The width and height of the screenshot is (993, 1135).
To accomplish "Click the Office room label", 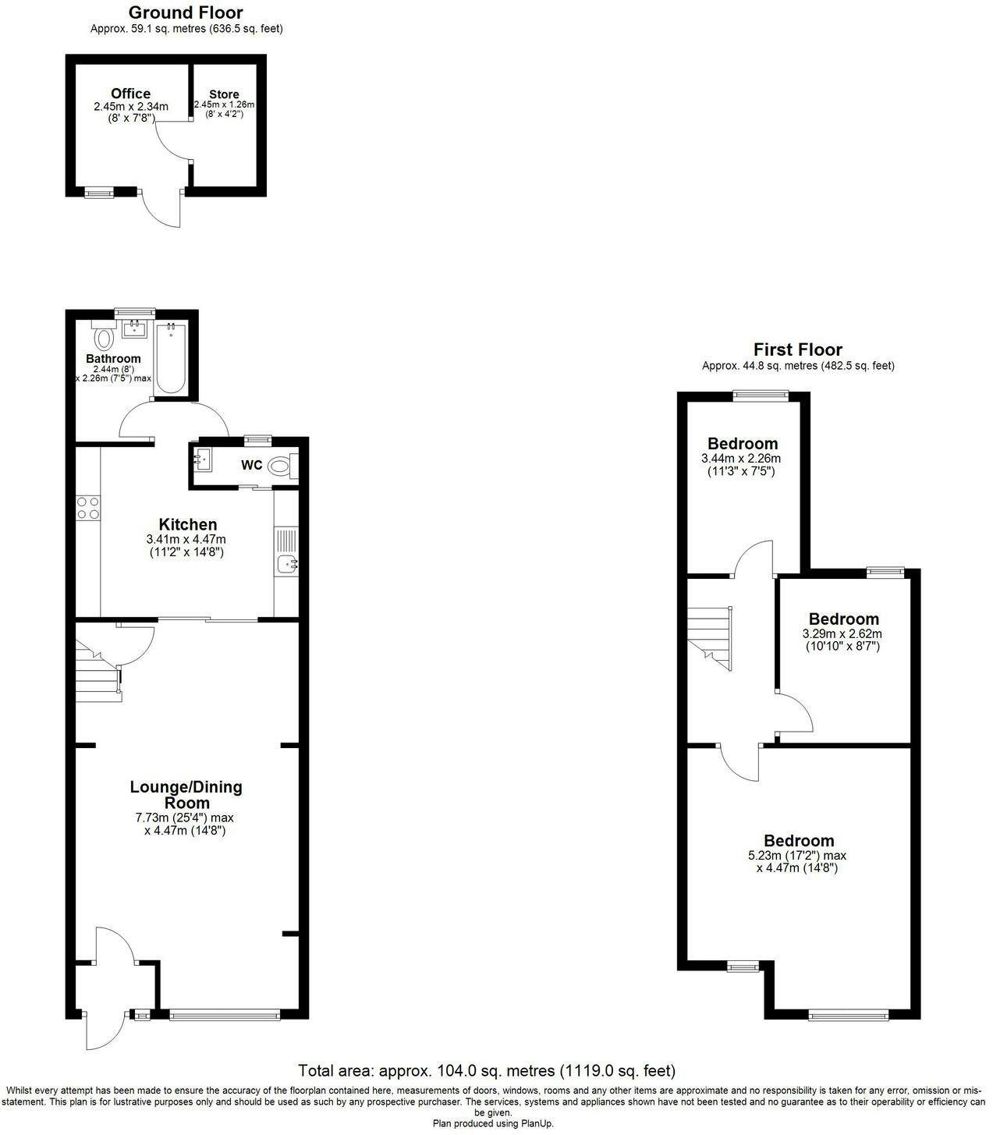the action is [x=130, y=94].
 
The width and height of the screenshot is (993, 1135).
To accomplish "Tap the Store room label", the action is [x=224, y=94].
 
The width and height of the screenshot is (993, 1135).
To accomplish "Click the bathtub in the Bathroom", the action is [x=172, y=358].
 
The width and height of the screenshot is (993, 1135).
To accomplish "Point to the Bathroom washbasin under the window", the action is [x=133, y=329].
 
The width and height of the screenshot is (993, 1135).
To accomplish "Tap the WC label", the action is [x=251, y=465].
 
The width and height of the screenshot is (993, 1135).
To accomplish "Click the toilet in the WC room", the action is [x=282, y=466].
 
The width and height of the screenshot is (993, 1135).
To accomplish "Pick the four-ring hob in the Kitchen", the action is [x=88, y=508].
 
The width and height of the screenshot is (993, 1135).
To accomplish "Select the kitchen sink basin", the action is [x=286, y=565].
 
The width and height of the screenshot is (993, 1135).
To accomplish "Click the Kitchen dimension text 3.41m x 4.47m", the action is [x=186, y=539].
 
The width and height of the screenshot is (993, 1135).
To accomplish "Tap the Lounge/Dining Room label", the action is [x=186, y=794].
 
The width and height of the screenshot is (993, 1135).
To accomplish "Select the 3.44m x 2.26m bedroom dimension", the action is [x=741, y=459].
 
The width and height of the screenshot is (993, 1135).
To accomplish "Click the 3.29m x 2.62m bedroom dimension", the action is [x=842, y=633].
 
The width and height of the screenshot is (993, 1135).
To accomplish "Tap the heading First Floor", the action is [x=798, y=349].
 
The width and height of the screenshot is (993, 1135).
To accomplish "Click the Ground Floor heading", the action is [x=186, y=12].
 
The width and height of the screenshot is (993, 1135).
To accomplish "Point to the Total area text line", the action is [x=487, y=1070].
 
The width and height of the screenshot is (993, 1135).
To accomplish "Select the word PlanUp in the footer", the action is [x=537, y=1123].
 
